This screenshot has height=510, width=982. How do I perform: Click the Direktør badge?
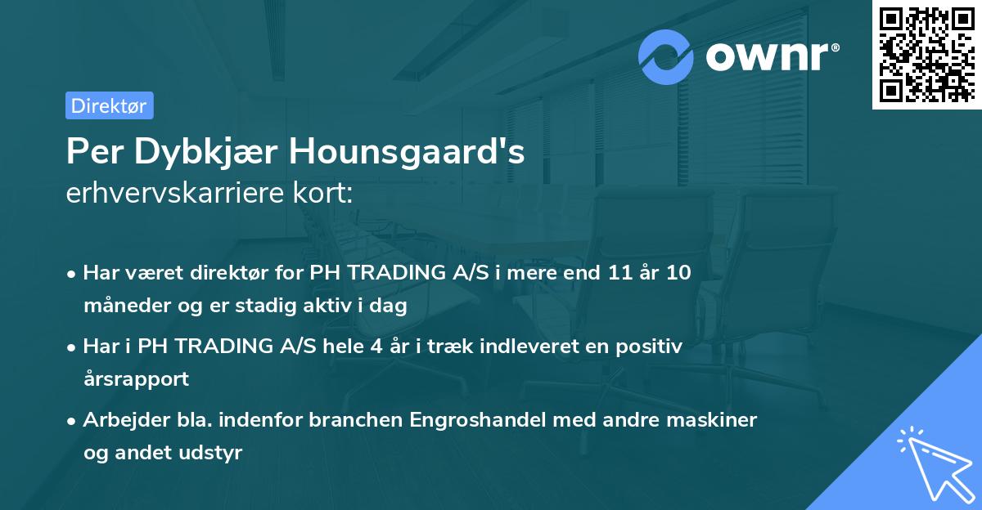[109, 105]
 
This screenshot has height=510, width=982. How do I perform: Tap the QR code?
[925, 54]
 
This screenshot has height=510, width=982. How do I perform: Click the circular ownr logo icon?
[667, 57]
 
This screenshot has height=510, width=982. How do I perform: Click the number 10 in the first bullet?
[677, 273]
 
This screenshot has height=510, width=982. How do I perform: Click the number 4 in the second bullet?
[376, 347]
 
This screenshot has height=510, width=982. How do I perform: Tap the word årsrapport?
[136, 379]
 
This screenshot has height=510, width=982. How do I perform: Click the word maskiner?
[717, 420]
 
